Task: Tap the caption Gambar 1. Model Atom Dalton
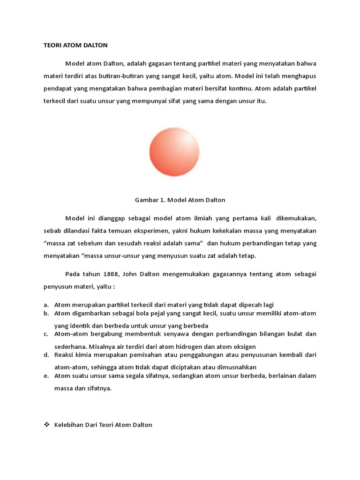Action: click(x=180, y=200)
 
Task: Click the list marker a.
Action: click(x=46, y=305)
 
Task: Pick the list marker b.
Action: click(x=46, y=313)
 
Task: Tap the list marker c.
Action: click(x=46, y=334)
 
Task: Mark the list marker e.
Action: click(x=46, y=376)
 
